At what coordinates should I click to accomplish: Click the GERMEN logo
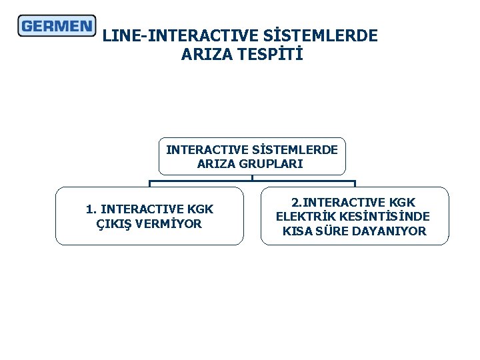[x=57, y=26]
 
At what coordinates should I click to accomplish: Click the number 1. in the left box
[x=91, y=209]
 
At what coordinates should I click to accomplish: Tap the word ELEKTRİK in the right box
[x=306, y=217]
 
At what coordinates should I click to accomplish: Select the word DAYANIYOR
[x=393, y=231]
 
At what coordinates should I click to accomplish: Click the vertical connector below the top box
[x=252, y=177]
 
